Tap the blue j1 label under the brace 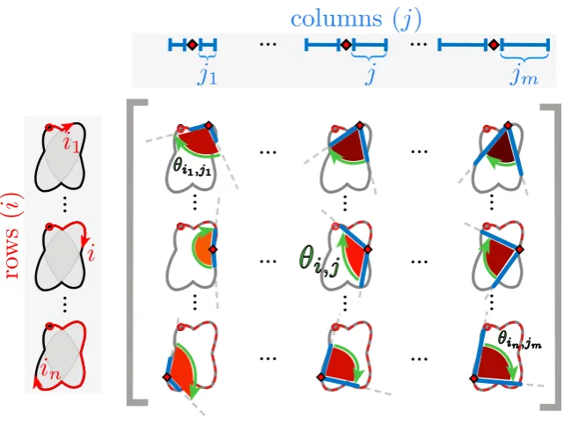pos(207,75)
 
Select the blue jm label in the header pos(524,76)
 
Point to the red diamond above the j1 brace pos(193,45)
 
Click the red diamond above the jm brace pos(494,45)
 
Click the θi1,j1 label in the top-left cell pos(192,168)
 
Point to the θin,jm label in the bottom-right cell pos(519,339)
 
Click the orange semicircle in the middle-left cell pos(202,248)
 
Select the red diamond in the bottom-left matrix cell pos(167,377)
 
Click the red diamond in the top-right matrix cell pos(508,125)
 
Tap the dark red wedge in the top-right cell pos(502,147)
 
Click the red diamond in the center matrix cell pos(368,249)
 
